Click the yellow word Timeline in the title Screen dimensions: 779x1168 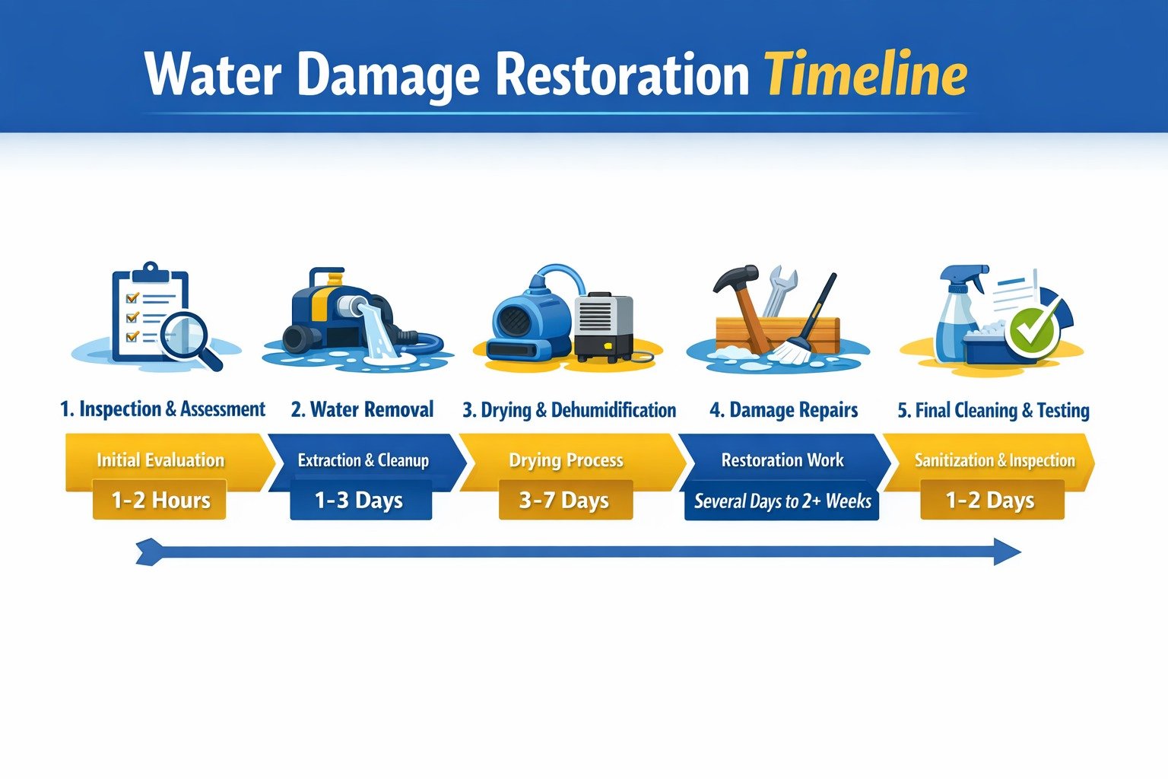point(865,75)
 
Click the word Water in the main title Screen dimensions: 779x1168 point(214,75)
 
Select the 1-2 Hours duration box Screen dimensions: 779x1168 point(160,500)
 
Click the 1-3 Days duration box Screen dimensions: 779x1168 point(360,500)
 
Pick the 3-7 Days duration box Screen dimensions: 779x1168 point(565,500)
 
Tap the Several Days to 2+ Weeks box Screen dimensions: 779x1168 point(782,501)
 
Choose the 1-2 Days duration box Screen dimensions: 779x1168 point(990,500)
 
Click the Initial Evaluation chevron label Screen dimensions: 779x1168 point(160,459)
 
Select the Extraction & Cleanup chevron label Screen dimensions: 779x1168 point(363,460)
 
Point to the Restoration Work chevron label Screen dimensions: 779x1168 point(782,459)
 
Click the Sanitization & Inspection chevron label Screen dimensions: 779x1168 point(994,460)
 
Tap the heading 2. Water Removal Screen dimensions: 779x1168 point(362,410)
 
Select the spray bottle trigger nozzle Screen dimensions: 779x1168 point(964,276)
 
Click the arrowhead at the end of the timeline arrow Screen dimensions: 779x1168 point(1007,552)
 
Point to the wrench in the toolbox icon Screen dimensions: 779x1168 point(780,288)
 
